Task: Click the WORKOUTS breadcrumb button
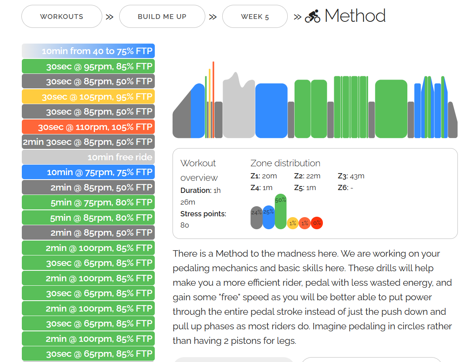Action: tap(61, 17)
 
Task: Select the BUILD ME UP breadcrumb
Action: tap(162, 17)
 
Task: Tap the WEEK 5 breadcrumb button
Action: tap(255, 17)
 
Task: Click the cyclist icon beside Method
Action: tap(312, 17)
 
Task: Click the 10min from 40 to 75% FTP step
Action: tap(88, 51)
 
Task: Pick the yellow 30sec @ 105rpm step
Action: tap(88, 96)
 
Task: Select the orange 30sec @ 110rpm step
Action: tap(88, 127)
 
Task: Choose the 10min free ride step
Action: tap(88, 157)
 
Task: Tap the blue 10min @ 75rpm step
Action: tap(88, 172)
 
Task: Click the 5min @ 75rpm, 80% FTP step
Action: tap(88, 203)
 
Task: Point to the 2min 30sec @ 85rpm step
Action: tap(88, 142)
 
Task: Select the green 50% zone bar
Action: tap(280, 212)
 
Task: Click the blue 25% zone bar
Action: tap(268, 218)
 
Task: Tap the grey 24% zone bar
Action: tap(256, 218)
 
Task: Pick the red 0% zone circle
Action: tap(317, 223)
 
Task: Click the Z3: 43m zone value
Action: tap(351, 176)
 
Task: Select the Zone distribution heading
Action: tap(285, 163)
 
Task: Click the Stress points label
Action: tap(203, 214)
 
